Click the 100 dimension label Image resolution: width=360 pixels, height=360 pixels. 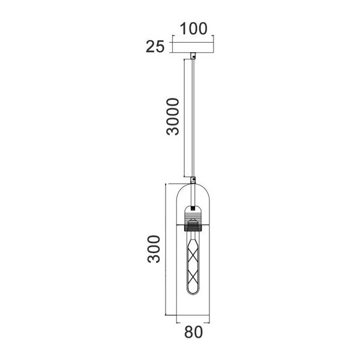coord(193,29)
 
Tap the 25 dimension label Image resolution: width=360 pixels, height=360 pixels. coord(155,47)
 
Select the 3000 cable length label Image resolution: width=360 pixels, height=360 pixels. coord(173,116)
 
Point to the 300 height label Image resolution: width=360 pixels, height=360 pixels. coord(154,249)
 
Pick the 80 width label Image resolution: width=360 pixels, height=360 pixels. coord(194,332)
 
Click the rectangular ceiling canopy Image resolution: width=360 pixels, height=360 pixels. coord(193,47)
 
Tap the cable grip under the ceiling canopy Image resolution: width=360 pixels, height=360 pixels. coord(193,56)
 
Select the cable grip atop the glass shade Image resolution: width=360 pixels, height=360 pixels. coord(193,180)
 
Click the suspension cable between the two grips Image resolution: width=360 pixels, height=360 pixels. coord(193,118)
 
